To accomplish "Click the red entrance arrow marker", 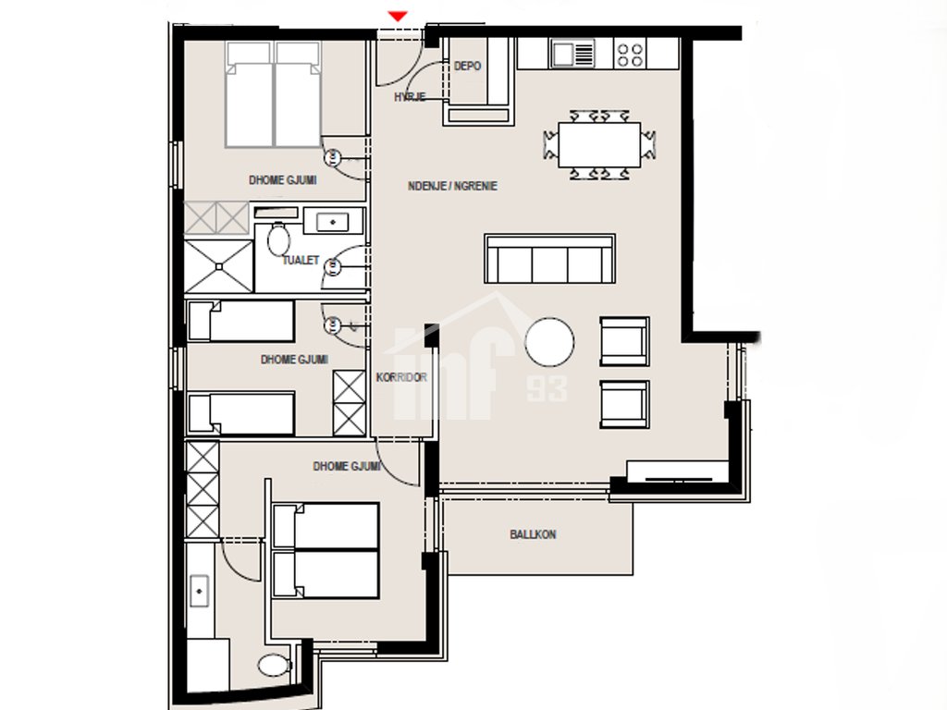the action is coord(398,17).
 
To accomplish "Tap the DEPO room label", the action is coord(467,66).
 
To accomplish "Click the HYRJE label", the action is coord(410,96).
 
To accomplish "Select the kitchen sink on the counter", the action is coord(572,54).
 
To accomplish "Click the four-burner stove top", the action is coord(630,54).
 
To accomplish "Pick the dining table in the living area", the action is coord(599,145).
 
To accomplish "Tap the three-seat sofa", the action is coord(549,259).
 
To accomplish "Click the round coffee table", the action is coord(549,342).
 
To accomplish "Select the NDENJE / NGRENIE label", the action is coord(452,186).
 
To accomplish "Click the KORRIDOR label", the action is coord(401,377).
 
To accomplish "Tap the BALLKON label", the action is coord(533,534).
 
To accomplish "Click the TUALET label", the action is coord(301,260).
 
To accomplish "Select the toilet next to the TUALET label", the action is coord(278,239).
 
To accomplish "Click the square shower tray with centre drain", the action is coord(218,266).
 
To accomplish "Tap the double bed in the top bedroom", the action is coord(273,94).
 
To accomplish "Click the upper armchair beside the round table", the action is coord(624,342).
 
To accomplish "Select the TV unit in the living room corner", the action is coord(677,471).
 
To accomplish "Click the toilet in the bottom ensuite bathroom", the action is coord(276,666).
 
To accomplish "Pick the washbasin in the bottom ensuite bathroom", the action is coord(200,590).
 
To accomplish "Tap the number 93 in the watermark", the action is coord(547,389).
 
